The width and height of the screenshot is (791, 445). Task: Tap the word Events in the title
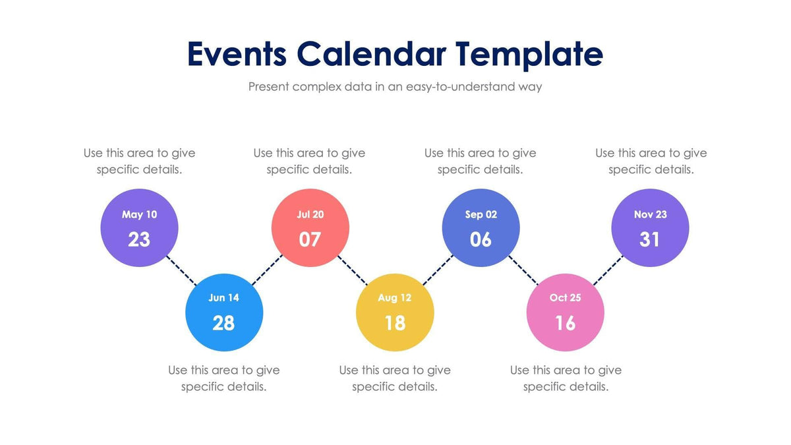(x=237, y=54)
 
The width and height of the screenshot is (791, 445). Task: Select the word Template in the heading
(x=529, y=54)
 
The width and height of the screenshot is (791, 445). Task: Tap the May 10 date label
(x=139, y=214)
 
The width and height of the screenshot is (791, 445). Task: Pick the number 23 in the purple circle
(x=139, y=239)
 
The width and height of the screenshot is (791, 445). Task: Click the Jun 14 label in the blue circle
(x=224, y=297)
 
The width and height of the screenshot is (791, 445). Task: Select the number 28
(x=224, y=322)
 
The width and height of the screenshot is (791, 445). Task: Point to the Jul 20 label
(x=310, y=214)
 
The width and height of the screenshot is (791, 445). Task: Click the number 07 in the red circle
(x=310, y=239)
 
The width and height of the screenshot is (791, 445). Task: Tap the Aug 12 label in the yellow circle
(x=394, y=297)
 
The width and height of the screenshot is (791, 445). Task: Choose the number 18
(x=394, y=322)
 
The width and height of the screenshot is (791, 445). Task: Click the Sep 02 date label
(x=481, y=214)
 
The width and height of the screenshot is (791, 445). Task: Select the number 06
(x=481, y=239)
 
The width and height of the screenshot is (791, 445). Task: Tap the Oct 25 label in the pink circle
(x=565, y=297)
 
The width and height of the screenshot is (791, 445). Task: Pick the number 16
(x=565, y=322)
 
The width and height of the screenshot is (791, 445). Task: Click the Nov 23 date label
(x=650, y=214)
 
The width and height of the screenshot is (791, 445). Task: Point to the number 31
(x=650, y=239)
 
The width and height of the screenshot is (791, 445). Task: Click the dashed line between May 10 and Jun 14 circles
(x=182, y=270)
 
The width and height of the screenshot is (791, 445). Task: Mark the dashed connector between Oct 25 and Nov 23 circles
(x=608, y=270)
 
